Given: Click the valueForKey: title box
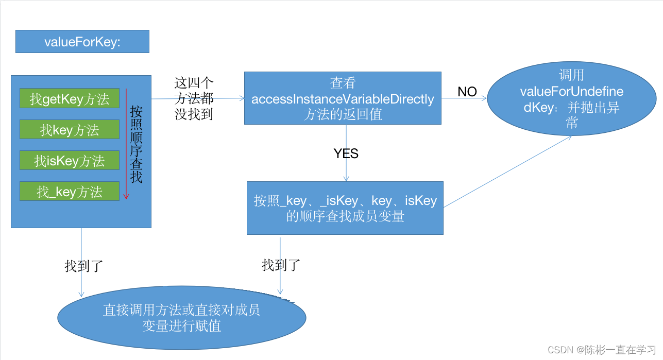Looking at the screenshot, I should (x=82, y=42).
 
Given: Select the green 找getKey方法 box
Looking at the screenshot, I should (x=70, y=99).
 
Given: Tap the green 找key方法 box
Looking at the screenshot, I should (x=70, y=130).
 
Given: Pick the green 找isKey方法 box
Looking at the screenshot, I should (x=70, y=161).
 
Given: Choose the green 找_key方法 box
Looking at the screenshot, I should (x=70, y=192).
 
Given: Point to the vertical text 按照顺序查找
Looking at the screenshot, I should (x=137, y=145).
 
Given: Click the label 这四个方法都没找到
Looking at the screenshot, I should (x=194, y=98).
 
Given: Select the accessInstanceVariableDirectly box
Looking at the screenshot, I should (x=343, y=98).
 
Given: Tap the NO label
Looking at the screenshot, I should (x=467, y=92).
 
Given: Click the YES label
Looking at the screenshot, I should (x=346, y=153).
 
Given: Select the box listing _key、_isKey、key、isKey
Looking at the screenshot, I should (x=345, y=208).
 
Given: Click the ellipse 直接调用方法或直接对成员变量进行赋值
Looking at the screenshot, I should (x=182, y=318).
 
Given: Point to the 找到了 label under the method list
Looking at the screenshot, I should (x=84, y=266).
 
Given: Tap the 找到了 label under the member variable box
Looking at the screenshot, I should (x=281, y=265).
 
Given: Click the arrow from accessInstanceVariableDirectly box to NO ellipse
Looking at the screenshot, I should (x=464, y=99).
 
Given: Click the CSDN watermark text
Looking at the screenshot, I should (x=602, y=350).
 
